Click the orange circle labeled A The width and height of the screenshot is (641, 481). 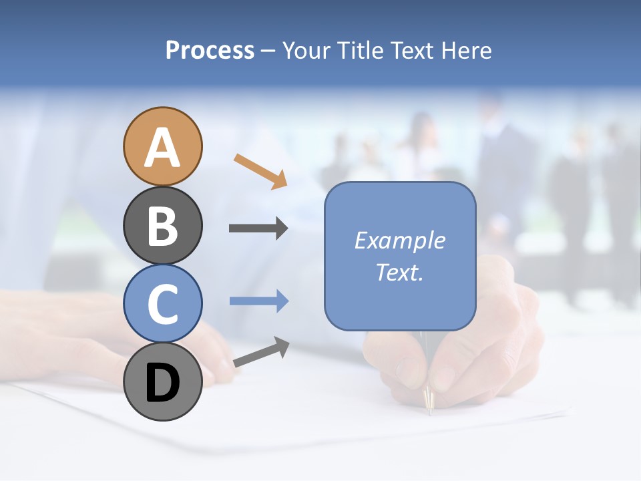tap(163, 146)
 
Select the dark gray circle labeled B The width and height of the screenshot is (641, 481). tap(163, 225)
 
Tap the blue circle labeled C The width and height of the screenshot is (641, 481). tap(163, 303)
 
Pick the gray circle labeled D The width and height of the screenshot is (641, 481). tap(163, 381)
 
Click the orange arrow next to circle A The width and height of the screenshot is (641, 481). tap(260, 171)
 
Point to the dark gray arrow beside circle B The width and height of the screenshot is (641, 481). tap(258, 228)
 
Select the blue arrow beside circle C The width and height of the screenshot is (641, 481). tap(259, 301)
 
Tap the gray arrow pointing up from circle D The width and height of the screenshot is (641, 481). tap(261, 351)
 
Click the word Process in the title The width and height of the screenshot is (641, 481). tap(210, 51)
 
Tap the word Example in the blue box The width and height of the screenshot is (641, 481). tap(399, 240)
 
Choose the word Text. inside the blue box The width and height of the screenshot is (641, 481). tap(399, 272)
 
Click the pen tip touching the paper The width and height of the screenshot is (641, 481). tap(429, 405)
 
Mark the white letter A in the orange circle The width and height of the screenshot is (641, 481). tap(163, 148)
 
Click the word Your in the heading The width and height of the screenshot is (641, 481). tap(306, 51)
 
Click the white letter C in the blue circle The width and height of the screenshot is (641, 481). tap(163, 305)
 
